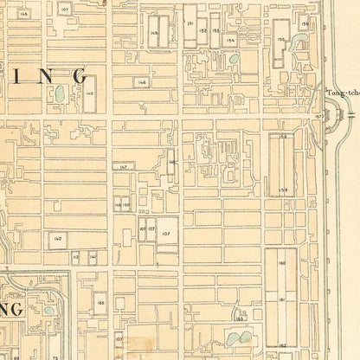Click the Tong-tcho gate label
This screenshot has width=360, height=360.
[x=341, y=93]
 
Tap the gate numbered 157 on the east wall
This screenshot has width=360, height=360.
[x=318, y=115]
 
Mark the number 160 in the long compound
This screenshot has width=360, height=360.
[x=282, y=263]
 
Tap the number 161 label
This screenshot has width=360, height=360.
[x=282, y=297]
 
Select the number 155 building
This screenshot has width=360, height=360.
[x=281, y=39]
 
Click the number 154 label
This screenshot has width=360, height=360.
[x=229, y=40]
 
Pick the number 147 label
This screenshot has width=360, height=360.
[x=125, y=166]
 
